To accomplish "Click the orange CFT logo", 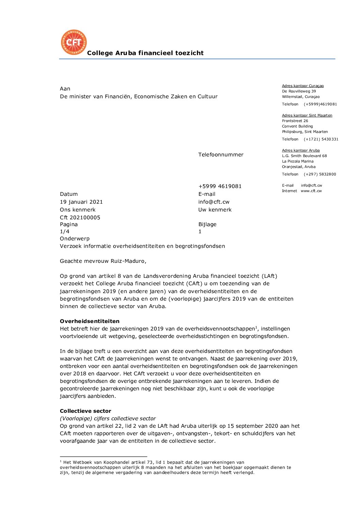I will (74, 42).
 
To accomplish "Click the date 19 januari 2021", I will (81, 202).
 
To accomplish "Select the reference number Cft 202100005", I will (80, 218).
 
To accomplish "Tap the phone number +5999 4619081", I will (220, 186).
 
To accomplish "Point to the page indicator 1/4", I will (65, 232).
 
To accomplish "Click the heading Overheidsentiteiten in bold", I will (89, 321).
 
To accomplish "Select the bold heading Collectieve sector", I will (85, 411).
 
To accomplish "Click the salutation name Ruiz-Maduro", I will (128, 261).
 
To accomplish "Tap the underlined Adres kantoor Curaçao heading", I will (303, 86).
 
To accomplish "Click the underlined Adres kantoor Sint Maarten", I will (307, 116).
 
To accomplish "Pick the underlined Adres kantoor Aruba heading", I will (301, 151).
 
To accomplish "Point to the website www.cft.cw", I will (311, 191).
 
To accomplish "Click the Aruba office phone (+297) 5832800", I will (320, 174).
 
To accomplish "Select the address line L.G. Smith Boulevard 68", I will (304, 156).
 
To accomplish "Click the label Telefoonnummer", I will (221, 155).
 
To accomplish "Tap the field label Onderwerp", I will (75, 239).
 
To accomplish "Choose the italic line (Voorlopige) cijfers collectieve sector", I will (108, 419).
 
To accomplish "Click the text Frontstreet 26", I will (295, 121).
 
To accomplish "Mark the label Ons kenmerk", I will (78, 210).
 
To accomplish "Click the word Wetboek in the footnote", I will (82, 462).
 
